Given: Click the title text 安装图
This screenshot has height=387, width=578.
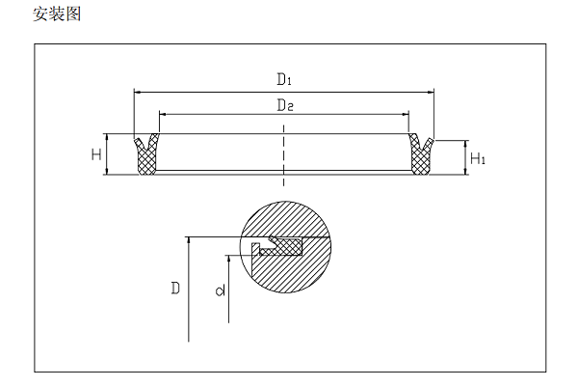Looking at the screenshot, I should tap(55, 14).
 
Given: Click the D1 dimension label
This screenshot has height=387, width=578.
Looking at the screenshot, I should tap(283, 78).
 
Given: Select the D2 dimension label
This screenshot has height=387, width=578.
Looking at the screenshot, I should tap(283, 104).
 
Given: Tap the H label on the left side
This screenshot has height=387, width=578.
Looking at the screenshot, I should tap(96, 154).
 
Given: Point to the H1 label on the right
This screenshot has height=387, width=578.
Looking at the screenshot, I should tap(477, 157).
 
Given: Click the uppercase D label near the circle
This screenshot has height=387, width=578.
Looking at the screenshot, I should tap(174, 288).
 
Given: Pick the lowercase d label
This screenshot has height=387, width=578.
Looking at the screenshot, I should tap(220, 290).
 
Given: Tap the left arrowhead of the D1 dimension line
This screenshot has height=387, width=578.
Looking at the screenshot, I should tap(137, 92).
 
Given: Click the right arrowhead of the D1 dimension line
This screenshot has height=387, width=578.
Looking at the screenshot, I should tap(431, 92).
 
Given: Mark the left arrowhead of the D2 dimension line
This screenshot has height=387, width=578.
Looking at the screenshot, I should tap(162, 114).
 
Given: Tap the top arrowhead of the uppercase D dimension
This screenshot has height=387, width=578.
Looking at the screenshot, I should tap(189, 239).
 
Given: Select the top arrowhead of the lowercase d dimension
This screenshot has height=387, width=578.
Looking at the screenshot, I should tap(229, 258).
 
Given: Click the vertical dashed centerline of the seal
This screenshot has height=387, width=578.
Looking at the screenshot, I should tap(283, 159).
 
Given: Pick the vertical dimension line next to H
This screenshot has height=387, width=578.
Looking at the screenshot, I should tap(109, 154).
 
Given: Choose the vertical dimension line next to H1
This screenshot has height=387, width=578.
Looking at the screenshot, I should tap(465, 157).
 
